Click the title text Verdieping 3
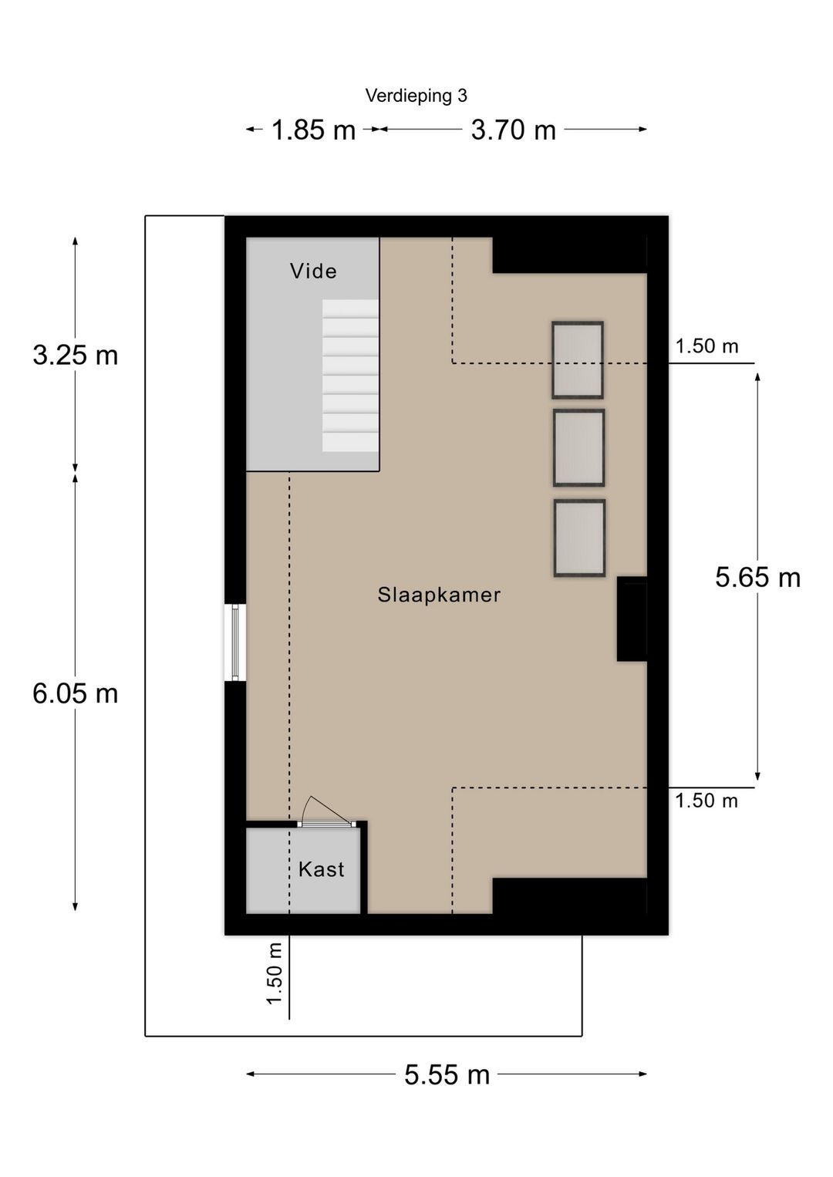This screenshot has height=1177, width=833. [x=416, y=96]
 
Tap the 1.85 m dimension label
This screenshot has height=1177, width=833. [x=313, y=130]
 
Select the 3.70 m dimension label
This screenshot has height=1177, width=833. [x=514, y=130]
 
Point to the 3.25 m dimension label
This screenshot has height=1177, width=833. [x=76, y=355]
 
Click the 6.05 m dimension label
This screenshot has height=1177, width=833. [x=76, y=693]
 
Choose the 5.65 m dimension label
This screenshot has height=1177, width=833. [x=757, y=577]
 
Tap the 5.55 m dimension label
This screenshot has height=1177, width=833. [x=447, y=1074]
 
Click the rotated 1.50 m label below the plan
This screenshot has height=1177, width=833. [x=274, y=973]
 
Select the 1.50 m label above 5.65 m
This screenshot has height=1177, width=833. [x=707, y=346]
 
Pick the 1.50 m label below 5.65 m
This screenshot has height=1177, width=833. [x=707, y=801]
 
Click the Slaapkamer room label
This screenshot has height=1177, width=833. [x=439, y=595]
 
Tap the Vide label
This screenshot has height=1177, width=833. [x=313, y=271]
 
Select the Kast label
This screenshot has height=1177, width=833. [x=321, y=869]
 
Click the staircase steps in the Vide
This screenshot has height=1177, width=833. [x=350, y=376]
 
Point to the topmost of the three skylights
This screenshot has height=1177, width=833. [x=577, y=359]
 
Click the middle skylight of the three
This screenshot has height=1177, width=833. [x=578, y=447]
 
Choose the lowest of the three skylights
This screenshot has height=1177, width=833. [x=579, y=538]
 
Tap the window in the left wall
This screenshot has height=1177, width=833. [x=235, y=642]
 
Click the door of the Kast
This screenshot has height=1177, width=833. [x=326, y=823]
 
